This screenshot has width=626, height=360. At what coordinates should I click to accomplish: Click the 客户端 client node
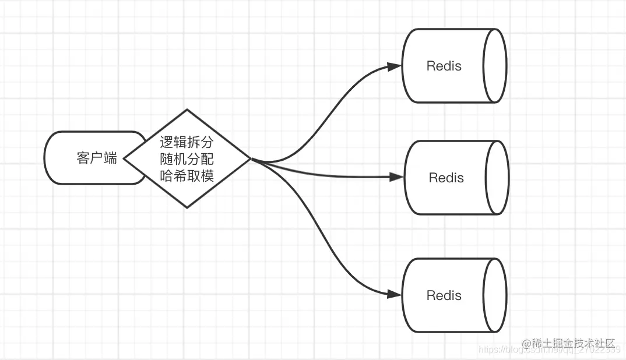(93, 158)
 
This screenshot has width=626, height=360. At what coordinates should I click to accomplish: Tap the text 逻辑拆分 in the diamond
(187, 142)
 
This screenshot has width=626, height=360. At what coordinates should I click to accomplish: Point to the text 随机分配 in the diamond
(187, 158)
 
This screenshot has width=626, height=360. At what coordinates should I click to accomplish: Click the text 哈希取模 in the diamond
(187, 175)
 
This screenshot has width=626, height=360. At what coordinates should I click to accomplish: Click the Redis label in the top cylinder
(444, 66)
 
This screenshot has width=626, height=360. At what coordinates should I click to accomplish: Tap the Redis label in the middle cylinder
(446, 178)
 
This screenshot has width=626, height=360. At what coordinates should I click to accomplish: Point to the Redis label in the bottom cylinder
(444, 295)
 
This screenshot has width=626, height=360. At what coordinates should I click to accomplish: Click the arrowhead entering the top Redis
(395, 66)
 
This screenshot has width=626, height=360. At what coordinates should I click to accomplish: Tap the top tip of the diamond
(187, 110)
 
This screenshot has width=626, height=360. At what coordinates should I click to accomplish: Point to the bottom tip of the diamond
(187, 207)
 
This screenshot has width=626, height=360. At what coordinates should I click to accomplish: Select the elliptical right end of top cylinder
(495, 66)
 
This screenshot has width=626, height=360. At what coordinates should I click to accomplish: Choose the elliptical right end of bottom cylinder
(495, 295)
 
